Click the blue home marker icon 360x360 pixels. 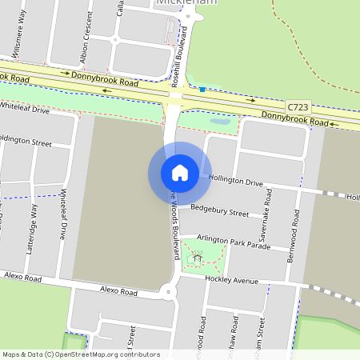click(x=180, y=173)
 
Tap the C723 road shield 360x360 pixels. click(x=298, y=106)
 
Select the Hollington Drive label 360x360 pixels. click(x=236, y=181)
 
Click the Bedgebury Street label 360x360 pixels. click(x=220, y=210)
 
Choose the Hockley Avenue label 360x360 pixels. click(x=231, y=281)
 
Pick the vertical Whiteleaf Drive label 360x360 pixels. click(x=63, y=214)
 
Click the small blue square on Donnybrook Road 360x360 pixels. click(x=202, y=90)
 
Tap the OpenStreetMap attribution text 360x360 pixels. click(x=80, y=354)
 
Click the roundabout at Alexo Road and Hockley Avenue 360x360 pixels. click(x=168, y=292)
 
